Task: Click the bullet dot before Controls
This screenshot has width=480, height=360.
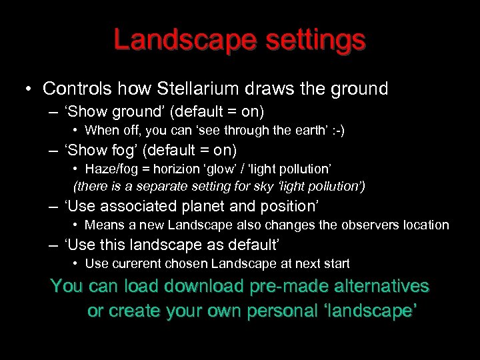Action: tap(28, 89)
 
